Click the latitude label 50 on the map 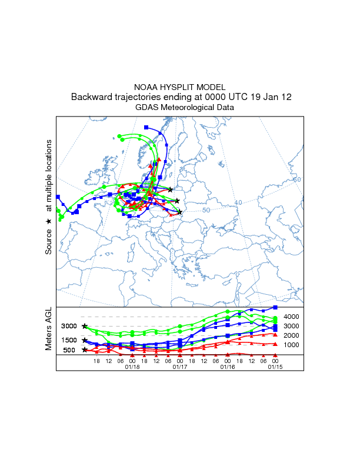pyautogui.click(x=206, y=210)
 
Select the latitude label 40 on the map pyautogui.click(x=238, y=202)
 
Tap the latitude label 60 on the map pyautogui.click(x=297, y=179)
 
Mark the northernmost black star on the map pyautogui.click(x=171, y=189)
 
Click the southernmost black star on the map pyautogui.click(x=180, y=212)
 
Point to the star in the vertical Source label pyautogui.click(x=49, y=221)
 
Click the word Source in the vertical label pyautogui.click(x=49, y=242)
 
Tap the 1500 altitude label pyautogui.click(x=69, y=340)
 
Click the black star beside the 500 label pyautogui.click(x=85, y=350)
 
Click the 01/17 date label pyautogui.click(x=179, y=367)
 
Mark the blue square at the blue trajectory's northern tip pyautogui.click(x=146, y=127)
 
